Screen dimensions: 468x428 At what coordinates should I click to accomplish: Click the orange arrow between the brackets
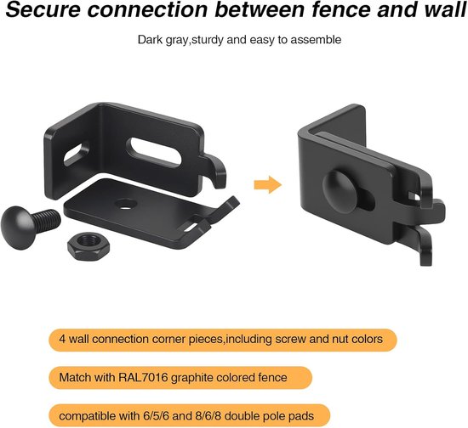(268, 184)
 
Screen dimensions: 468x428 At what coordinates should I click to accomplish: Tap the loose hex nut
(88, 247)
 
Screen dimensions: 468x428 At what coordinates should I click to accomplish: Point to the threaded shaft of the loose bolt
(48, 221)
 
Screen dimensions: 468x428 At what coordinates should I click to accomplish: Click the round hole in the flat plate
(126, 204)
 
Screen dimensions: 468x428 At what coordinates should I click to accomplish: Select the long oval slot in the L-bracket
(154, 152)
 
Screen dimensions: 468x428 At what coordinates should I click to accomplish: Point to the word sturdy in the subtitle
(207, 40)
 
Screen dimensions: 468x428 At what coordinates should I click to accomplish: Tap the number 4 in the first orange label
(62, 339)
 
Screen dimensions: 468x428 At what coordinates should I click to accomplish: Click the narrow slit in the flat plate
(191, 228)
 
